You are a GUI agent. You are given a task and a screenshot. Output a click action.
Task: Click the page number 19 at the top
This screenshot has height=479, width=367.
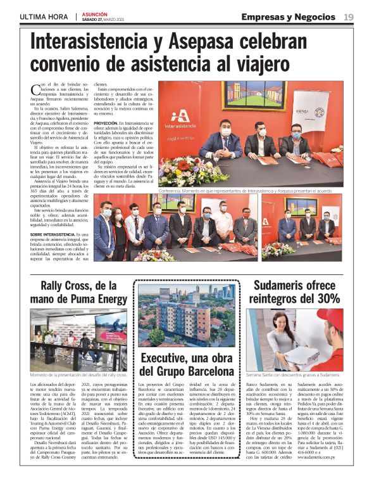(x=349, y=17)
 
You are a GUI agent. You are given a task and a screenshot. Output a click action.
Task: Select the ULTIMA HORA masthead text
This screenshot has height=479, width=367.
(x=44, y=17)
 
